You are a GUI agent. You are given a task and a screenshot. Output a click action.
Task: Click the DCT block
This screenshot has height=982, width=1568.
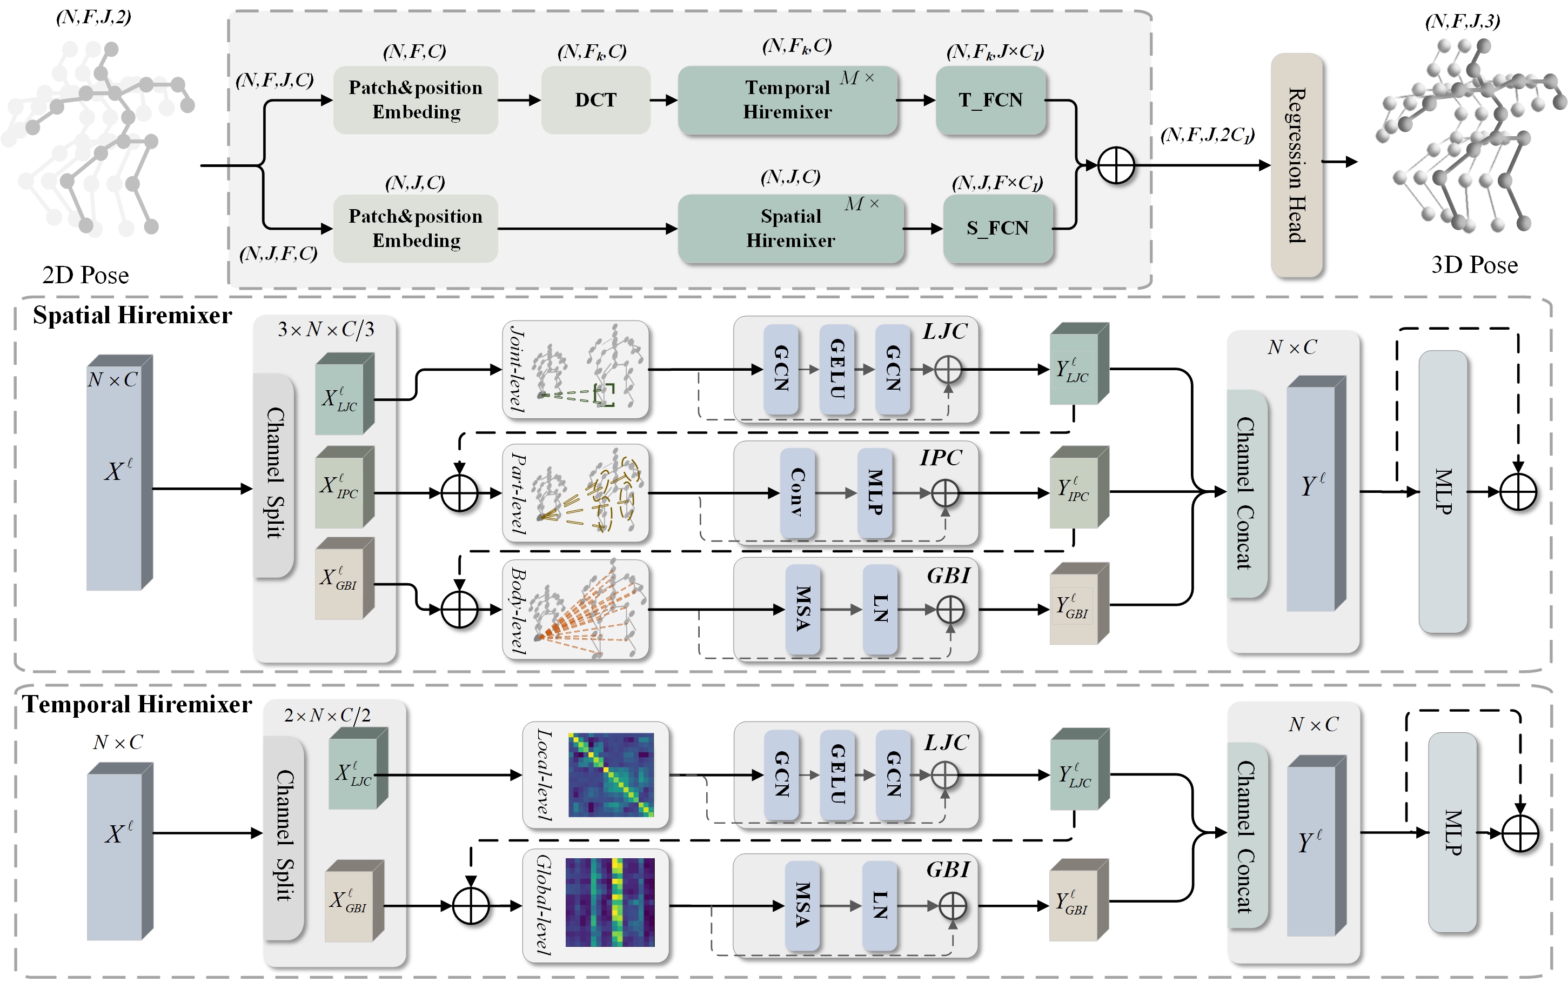pyautogui.click(x=595, y=100)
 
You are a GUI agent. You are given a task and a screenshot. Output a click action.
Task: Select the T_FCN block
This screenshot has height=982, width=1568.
pyautogui.click(x=990, y=100)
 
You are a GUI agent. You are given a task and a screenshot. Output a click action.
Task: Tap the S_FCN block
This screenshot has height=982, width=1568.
pyautogui.click(x=997, y=229)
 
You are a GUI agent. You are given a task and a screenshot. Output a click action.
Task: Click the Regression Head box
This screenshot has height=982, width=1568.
pyautogui.click(x=1296, y=165)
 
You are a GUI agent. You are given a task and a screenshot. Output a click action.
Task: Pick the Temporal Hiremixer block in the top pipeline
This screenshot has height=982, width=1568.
pyautogui.click(x=787, y=100)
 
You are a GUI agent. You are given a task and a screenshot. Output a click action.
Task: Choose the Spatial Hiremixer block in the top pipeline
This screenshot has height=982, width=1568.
pyautogui.click(x=790, y=229)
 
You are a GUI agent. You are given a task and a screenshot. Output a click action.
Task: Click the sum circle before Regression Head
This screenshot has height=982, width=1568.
pyautogui.click(x=1115, y=165)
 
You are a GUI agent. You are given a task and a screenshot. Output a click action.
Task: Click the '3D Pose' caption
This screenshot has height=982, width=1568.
pyautogui.click(x=1474, y=265)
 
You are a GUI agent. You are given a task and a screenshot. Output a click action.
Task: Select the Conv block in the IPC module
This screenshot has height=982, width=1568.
pyautogui.click(x=798, y=493)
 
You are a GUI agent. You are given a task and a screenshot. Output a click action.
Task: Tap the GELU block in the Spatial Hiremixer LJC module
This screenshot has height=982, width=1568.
pyautogui.click(x=837, y=369)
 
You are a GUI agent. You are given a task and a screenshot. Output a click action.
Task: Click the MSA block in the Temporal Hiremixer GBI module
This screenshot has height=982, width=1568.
pyautogui.click(x=802, y=905)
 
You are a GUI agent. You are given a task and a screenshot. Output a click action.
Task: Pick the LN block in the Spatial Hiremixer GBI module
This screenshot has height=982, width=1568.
pyautogui.click(x=880, y=609)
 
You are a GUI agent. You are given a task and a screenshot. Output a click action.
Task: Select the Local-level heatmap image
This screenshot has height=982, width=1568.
pyautogui.click(x=611, y=775)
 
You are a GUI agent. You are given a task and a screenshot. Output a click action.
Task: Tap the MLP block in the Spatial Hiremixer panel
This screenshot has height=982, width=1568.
pyautogui.click(x=1443, y=492)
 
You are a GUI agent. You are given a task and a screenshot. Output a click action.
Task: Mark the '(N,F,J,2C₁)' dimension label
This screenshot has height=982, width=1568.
pyautogui.click(x=1207, y=135)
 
